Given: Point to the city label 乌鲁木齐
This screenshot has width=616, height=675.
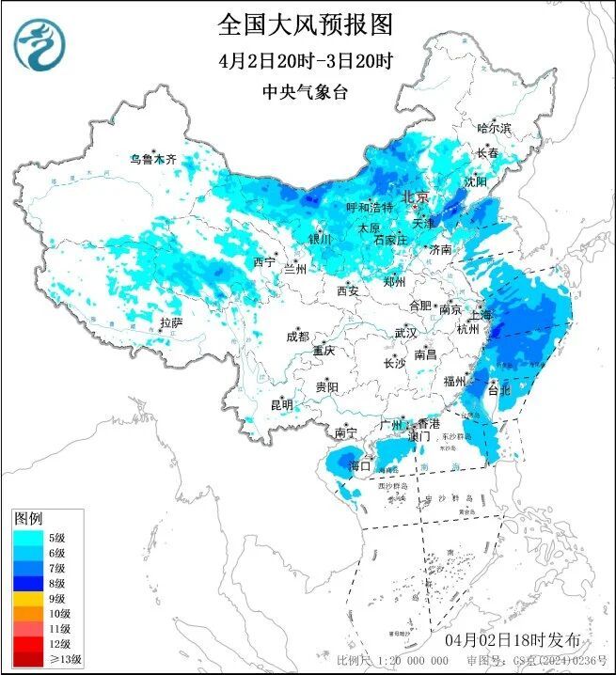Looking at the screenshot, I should pos(153,160).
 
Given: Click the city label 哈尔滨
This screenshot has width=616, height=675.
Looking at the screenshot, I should pos(494,128).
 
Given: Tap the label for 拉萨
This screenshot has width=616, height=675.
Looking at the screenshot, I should pos(170,322).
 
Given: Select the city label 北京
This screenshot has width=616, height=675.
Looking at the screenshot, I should pos(415,197).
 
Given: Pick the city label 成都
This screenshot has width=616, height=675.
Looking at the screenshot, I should pos(298,337).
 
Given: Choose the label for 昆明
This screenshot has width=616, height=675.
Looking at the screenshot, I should pos(281,405).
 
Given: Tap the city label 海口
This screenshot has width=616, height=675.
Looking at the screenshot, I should pos(359,465).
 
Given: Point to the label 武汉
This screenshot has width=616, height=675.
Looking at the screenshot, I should pos(405,333).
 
